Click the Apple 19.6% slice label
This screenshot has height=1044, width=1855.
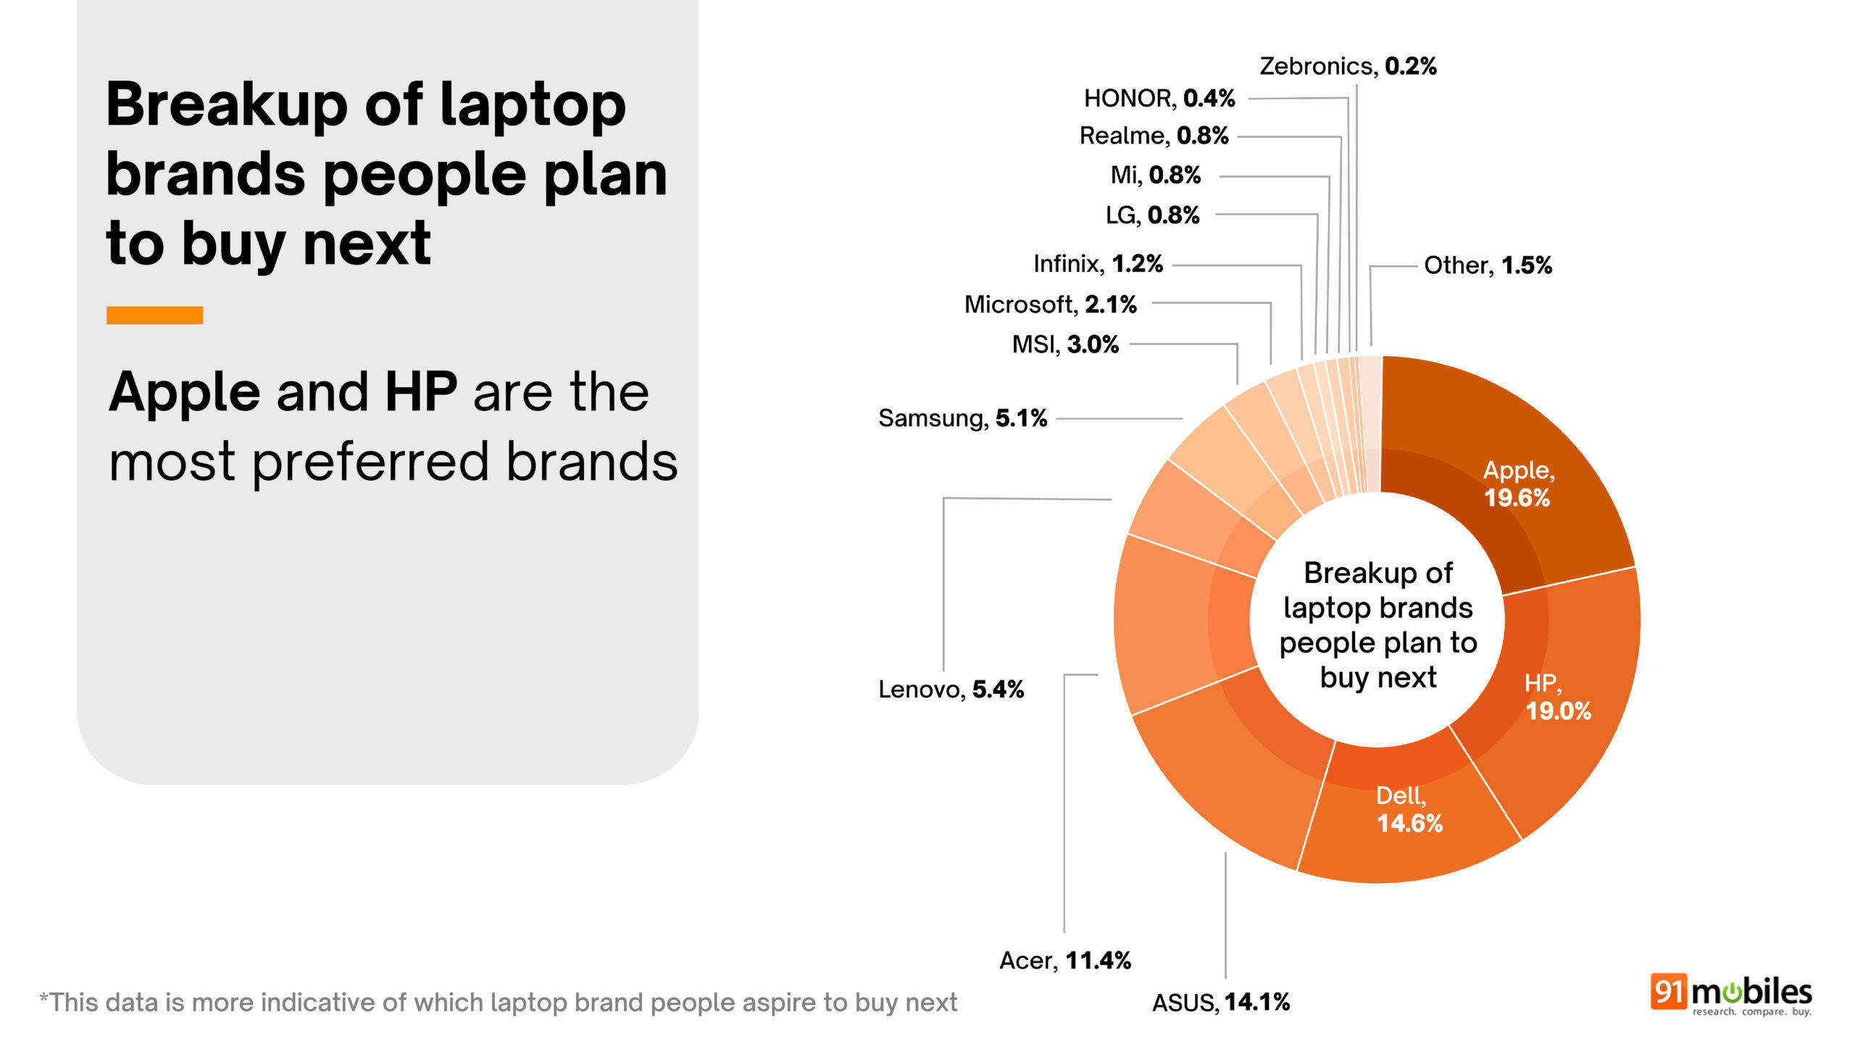1518,484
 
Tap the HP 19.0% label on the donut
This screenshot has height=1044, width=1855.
1556,697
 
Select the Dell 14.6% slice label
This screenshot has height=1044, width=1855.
1409,810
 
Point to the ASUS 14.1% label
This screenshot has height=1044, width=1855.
1221,1003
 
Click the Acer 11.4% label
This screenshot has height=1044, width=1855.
1065,961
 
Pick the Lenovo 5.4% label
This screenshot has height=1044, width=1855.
951,689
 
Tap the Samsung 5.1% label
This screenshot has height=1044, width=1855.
962,418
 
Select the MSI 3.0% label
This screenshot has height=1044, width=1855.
1065,344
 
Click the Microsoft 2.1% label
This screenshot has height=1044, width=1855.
1050,304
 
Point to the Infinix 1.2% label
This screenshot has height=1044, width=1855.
1098,264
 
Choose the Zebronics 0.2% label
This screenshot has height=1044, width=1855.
1348,66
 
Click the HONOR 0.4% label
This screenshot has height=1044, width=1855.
1159,98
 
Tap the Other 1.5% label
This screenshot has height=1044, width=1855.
1488,265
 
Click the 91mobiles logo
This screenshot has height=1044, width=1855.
1730,994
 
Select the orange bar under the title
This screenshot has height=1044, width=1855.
154,315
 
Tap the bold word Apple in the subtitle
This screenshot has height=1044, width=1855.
184,393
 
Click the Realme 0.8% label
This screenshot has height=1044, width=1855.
1154,136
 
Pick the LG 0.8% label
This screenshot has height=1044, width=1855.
1152,215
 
